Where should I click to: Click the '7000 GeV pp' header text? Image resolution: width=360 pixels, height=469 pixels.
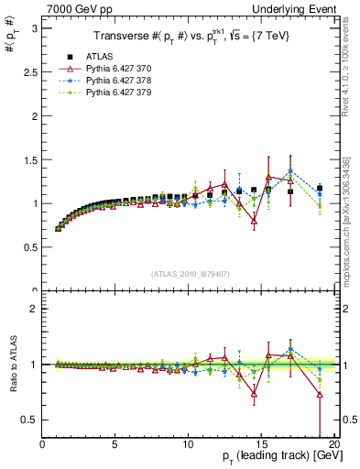(72, 9)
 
